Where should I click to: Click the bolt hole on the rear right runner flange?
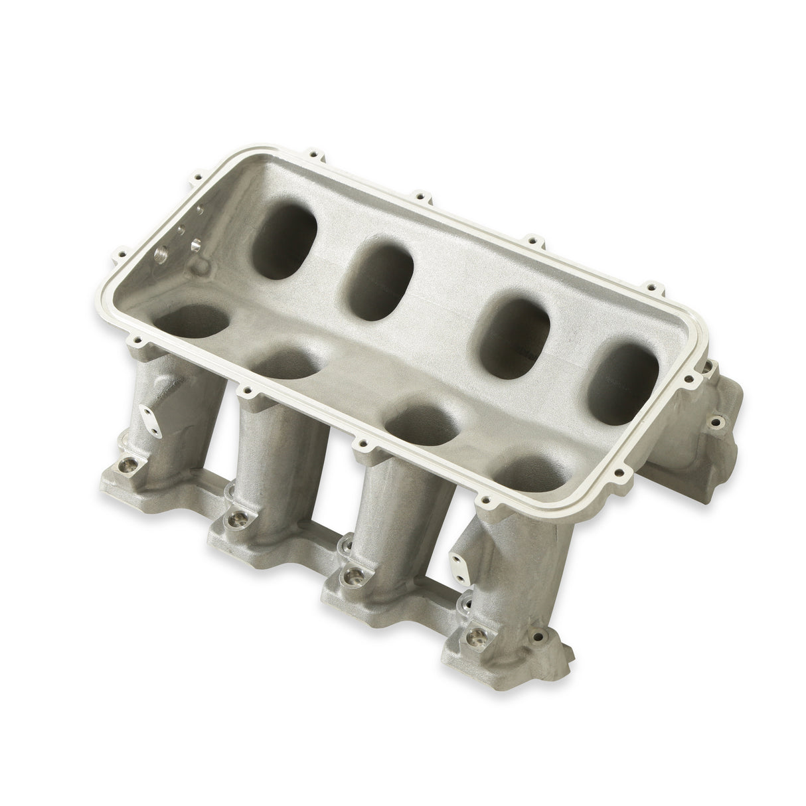[x=716, y=421]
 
